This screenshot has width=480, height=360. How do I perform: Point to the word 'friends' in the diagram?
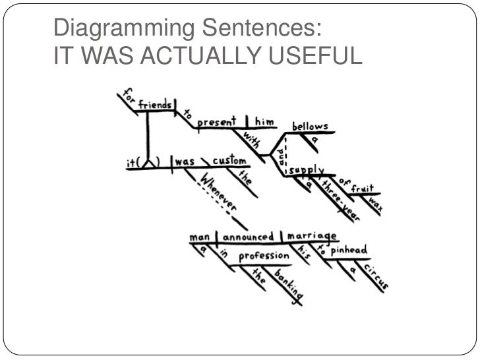coord(156,104)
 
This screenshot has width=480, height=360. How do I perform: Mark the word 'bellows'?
coord(310,126)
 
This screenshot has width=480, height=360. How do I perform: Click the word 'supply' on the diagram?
coord(305,170)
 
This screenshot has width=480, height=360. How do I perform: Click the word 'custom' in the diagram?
coord(229,160)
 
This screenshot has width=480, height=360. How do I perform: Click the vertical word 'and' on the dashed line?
coord(280,158)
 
